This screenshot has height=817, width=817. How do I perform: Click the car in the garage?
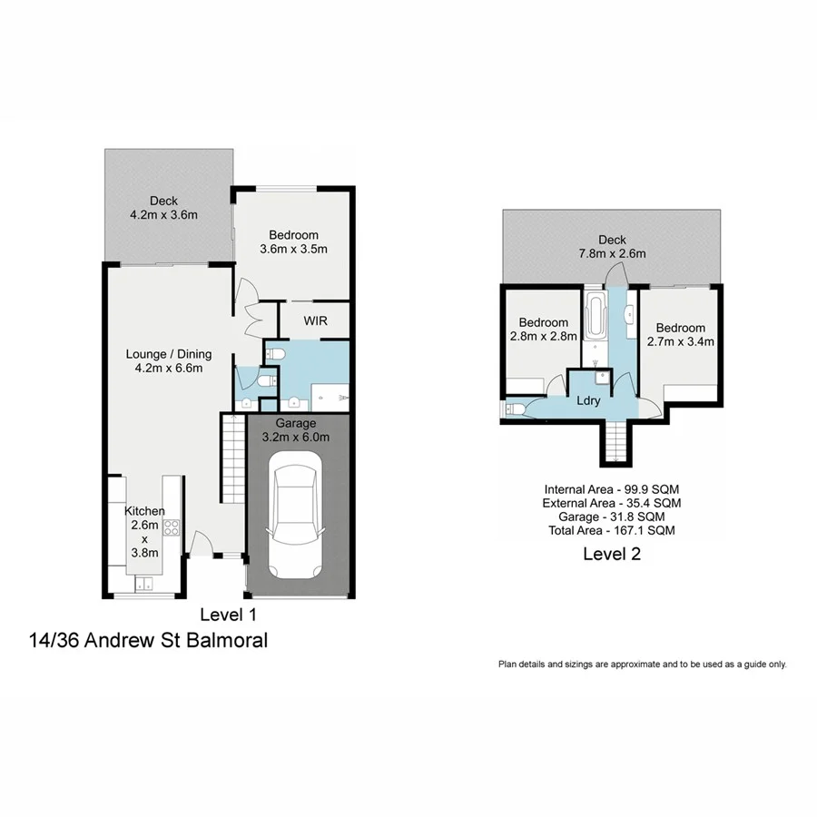(x=296, y=517)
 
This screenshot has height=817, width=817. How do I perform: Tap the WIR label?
(x=315, y=321)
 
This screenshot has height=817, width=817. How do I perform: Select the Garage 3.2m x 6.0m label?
(x=296, y=430)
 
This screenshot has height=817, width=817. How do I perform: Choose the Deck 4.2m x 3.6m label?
(x=163, y=208)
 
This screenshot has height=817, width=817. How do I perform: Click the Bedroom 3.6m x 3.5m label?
(x=293, y=241)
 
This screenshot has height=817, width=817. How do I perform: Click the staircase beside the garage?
(x=234, y=458)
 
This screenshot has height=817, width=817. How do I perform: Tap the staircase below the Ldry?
(x=615, y=443)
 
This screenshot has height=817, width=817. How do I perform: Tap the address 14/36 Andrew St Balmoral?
(x=149, y=641)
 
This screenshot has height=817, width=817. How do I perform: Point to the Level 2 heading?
(x=611, y=554)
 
